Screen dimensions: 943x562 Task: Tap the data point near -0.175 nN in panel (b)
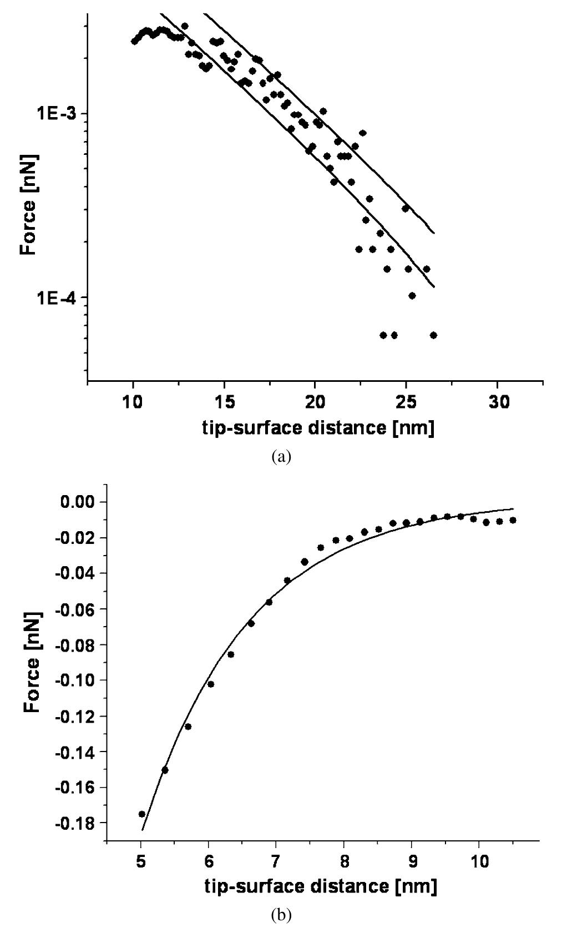pyautogui.click(x=141, y=814)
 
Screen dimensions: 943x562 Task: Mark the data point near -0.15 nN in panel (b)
pyautogui.click(x=165, y=770)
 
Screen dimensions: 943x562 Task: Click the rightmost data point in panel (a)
pyautogui.click(x=433, y=335)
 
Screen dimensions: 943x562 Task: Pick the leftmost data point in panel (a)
pyautogui.click(x=134, y=42)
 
